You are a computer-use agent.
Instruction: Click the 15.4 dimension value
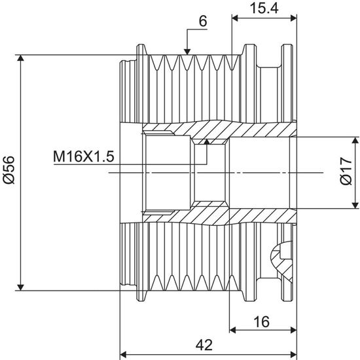(x=264, y=9)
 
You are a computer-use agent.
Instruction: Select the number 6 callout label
(x=203, y=22)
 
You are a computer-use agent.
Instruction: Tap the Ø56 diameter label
(x=9, y=170)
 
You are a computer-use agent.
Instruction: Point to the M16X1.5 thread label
(x=84, y=156)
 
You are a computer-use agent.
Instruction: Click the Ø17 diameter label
(x=346, y=171)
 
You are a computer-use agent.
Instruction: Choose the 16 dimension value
(x=262, y=321)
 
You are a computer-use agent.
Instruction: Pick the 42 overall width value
(x=204, y=345)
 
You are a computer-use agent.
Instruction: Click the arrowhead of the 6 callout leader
(x=187, y=52)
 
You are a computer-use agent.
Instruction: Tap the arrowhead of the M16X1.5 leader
(x=207, y=141)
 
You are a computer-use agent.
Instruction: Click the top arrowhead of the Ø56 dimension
(x=21, y=58)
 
